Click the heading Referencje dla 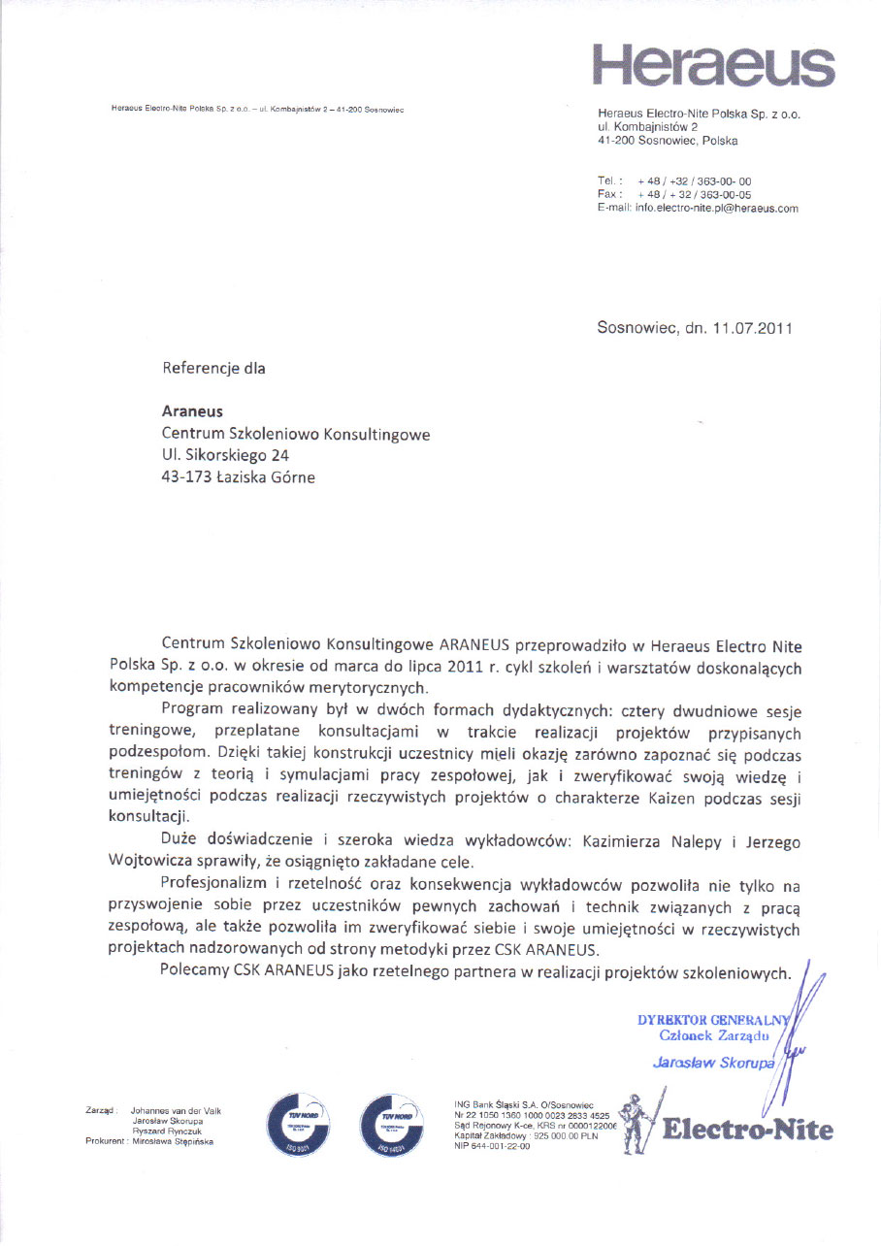coord(213,369)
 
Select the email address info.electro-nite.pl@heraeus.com coord(716,209)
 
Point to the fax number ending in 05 coord(694,195)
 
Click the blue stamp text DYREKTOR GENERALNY coord(713,1021)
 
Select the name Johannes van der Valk coord(176,1110)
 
